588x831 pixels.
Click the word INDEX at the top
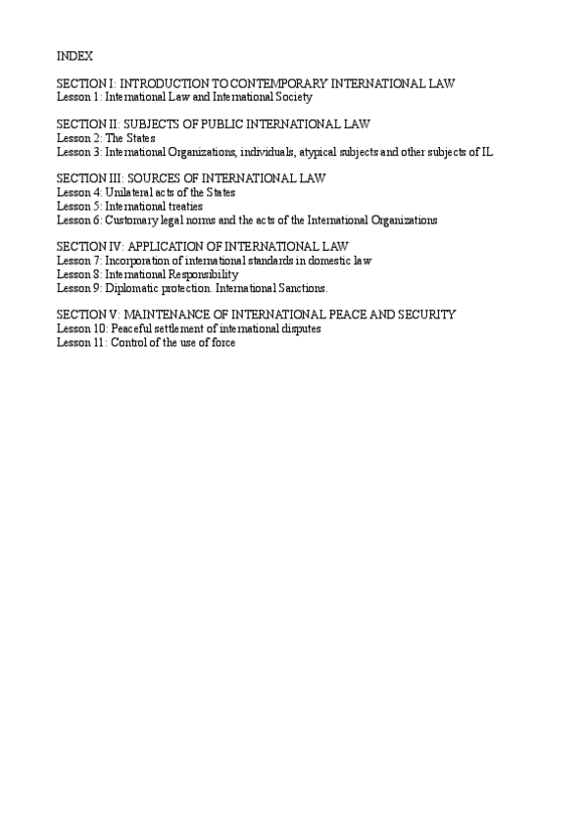(x=75, y=56)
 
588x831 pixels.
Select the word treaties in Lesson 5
(x=184, y=207)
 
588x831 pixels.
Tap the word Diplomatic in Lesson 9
(x=132, y=288)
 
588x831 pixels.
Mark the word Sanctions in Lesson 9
(x=301, y=288)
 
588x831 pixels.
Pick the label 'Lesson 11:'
(x=81, y=343)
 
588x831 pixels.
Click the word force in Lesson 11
(x=221, y=343)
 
